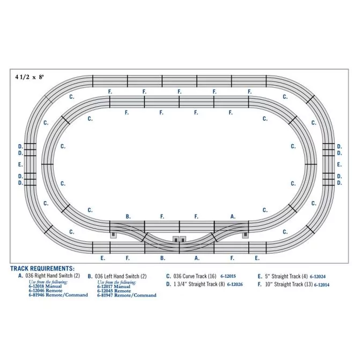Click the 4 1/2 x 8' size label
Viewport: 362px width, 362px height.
[29, 77]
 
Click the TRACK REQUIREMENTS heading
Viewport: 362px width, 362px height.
[42, 269]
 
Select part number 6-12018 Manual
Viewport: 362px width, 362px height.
[45, 286]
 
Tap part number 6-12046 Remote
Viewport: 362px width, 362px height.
[46, 291]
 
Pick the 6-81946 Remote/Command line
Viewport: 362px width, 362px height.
[58, 295]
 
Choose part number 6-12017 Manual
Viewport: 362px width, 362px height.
[114, 286]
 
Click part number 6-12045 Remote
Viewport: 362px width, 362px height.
[114, 291]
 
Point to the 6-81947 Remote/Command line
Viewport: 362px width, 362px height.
[127, 295]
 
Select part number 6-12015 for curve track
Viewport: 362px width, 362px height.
[228, 276]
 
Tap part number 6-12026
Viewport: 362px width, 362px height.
[235, 284]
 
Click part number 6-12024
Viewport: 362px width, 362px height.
[317, 276]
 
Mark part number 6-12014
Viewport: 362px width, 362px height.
[322, 285]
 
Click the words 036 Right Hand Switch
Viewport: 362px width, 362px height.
[49, 276]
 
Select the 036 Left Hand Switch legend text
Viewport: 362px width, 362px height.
[117, 276]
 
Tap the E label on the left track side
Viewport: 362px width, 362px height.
[20, 165]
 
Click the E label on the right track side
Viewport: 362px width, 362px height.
[339, 165]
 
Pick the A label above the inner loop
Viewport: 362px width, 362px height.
[233, 217]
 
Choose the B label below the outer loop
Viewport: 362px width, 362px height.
[162, 258]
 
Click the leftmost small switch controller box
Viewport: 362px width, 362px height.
[113, 235]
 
